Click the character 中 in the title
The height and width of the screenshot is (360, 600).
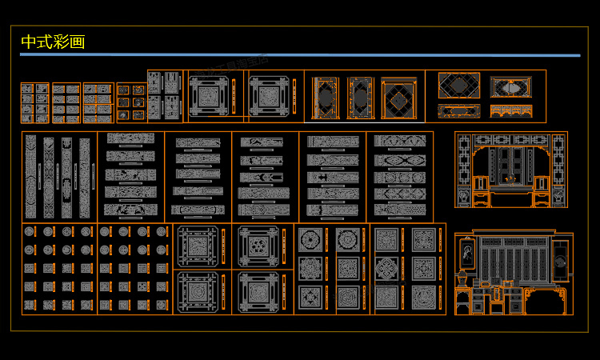(x=29, y=42)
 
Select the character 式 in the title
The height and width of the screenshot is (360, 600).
(x=45, y=42)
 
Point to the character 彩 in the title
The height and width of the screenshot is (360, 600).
(x=61, y=42)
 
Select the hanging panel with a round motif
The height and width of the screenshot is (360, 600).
(x=562, y=261)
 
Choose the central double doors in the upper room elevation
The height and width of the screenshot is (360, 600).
(x=510, y=168)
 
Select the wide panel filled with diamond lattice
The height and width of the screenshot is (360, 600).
(x=459, y=86)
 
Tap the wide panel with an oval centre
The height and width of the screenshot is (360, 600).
(x=510, y=86)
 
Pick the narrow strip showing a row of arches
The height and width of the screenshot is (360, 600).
(x=510, y=110)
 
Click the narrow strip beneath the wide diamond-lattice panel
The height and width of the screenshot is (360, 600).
(x=459, y=110)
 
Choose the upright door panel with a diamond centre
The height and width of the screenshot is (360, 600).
(x=398, y=98)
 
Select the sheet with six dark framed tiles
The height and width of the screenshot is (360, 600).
(x=132, y=102)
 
